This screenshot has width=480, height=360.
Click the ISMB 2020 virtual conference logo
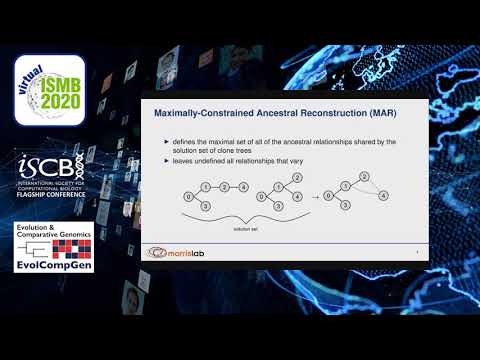49,89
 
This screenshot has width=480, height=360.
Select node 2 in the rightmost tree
365,177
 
